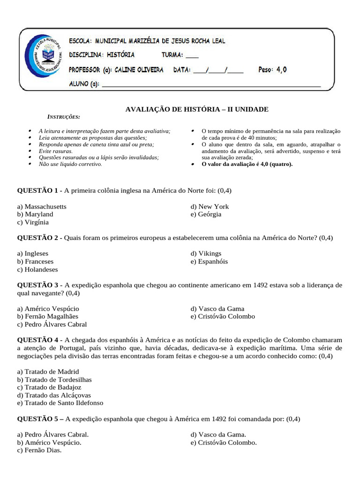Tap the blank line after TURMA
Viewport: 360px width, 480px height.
pyautogui.click(x=192, y=55)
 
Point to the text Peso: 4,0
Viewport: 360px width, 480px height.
pyautogui.click(x=272, y=70)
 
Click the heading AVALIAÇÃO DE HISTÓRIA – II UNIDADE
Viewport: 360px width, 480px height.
pyautogui.click(x=196, y=109)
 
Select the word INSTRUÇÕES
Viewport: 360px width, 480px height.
pyautogui.click(x=64, y=117)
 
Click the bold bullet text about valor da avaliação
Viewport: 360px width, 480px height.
pyautogui.click(x=247, y=164)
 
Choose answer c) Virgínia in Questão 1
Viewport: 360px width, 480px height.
pyautogui.click(x=33, y=222)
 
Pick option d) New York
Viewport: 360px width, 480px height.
pyautogui.click(x=210, y=207)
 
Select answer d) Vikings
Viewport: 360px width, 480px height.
pyautogui.click(x=206, y=254)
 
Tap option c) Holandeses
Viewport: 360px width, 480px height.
pyautogui.click(x=37, y=270)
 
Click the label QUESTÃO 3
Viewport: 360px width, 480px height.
pyautogui.click(x=37, y=285)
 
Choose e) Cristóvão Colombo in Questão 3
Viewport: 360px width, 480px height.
pyautogui.click(x=223, y=316)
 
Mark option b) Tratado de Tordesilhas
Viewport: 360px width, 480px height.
pyautogui.click(x=54, y=379)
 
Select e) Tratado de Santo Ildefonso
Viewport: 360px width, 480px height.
pyautogui.click(x=60, y=403)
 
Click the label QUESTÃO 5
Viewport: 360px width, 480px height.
pyautogui.click(x=37, y=419)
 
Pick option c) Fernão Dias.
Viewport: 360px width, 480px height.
pyautogui.click(x=39, y=450)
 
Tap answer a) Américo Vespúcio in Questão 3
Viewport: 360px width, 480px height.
pyautogui.click(x=48, y=308)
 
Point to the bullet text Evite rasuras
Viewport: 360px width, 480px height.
pyautogui.click(x=56, y=151)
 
